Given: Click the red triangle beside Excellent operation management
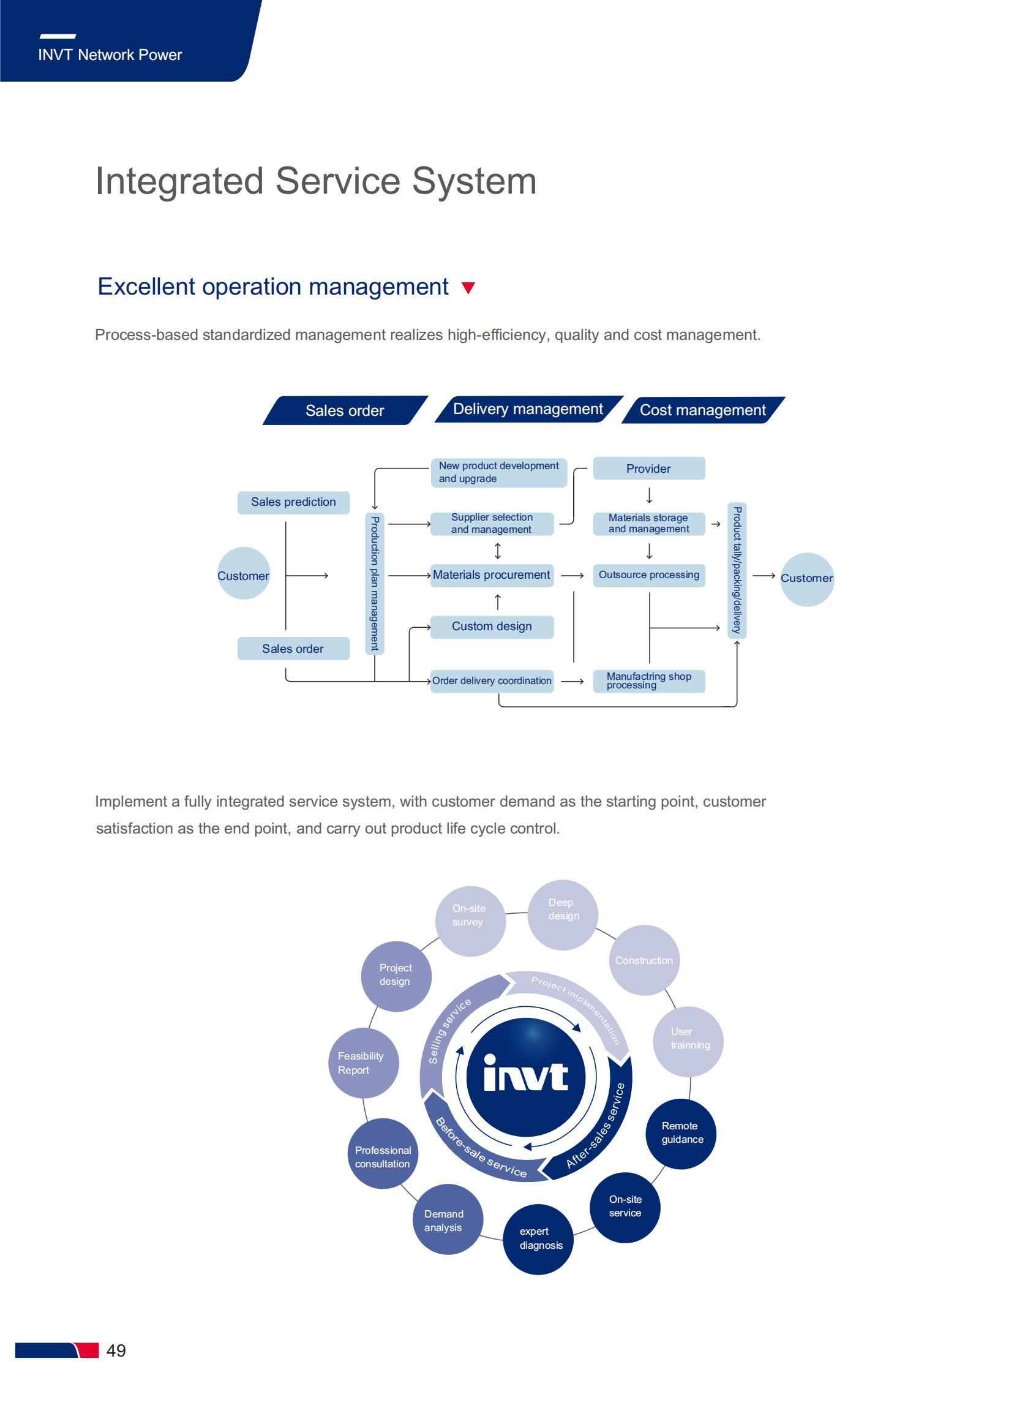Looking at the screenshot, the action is tap(468, 288).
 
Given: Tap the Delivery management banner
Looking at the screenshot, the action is tap(528, 410).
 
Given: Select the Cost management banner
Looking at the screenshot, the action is tap(703, 410).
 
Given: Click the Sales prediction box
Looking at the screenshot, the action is tap(293, 502).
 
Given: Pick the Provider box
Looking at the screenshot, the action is tap(649, 469).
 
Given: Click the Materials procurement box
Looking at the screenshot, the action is tap(492, 575).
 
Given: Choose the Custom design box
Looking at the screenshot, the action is tap(492, 627).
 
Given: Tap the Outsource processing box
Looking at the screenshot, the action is tap(649, 575).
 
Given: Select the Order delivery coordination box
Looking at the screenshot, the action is tap(492, 681).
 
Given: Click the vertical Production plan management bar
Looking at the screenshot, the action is tap(375, 584).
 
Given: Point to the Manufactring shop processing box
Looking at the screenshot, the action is tap(649, 681).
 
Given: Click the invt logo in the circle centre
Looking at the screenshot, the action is tap(526, 1076).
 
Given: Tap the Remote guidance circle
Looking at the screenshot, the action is tap(681, 1133).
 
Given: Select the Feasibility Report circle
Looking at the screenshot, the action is tap(364, 1063).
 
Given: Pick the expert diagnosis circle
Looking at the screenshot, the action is tap(539, 1238).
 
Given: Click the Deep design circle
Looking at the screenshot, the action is tap(563, 915).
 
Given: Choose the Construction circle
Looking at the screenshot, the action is tap(645, 960).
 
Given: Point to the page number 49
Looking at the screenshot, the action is tap(116, 1350).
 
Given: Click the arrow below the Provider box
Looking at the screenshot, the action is tap(650, 496).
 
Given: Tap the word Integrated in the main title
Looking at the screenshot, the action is tap(179, 182).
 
